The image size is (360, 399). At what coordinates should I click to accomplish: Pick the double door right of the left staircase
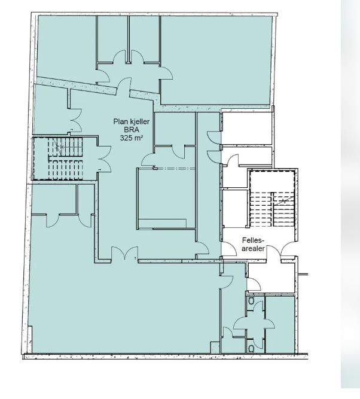click(105, 157)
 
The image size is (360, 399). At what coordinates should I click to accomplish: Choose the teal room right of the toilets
click(280, 323)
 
